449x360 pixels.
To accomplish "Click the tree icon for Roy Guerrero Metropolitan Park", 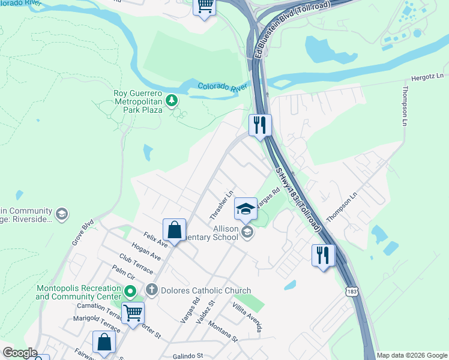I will coord(172,100).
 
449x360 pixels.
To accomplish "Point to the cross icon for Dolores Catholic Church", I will coord(152,290).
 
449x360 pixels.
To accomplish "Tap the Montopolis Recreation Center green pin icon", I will coord(130,292).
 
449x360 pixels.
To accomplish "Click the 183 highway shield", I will coord(351,292).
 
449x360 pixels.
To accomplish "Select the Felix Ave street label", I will coord(155,241).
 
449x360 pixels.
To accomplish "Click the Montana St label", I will coord(223,331).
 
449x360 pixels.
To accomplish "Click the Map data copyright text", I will coord(411,355).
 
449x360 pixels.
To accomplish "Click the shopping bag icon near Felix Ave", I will coord(173,229).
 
